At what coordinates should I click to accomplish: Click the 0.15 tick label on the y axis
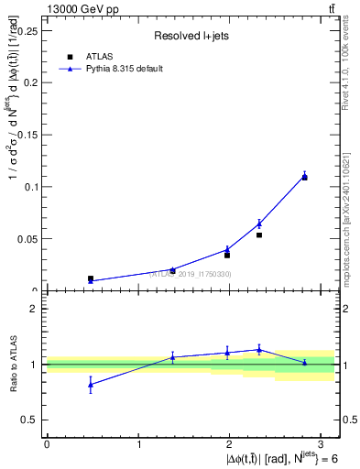point(30,134)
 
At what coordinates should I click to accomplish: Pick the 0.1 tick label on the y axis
point(33,186)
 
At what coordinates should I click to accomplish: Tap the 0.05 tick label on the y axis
point(30,238)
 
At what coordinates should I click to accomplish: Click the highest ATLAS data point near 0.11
point(304,177)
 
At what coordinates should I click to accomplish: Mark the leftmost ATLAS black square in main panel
point(90,278)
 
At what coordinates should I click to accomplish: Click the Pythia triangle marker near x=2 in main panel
point(227,249)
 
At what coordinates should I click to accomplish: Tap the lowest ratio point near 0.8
point(90,385)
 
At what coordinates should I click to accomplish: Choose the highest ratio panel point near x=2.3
point(259,349)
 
